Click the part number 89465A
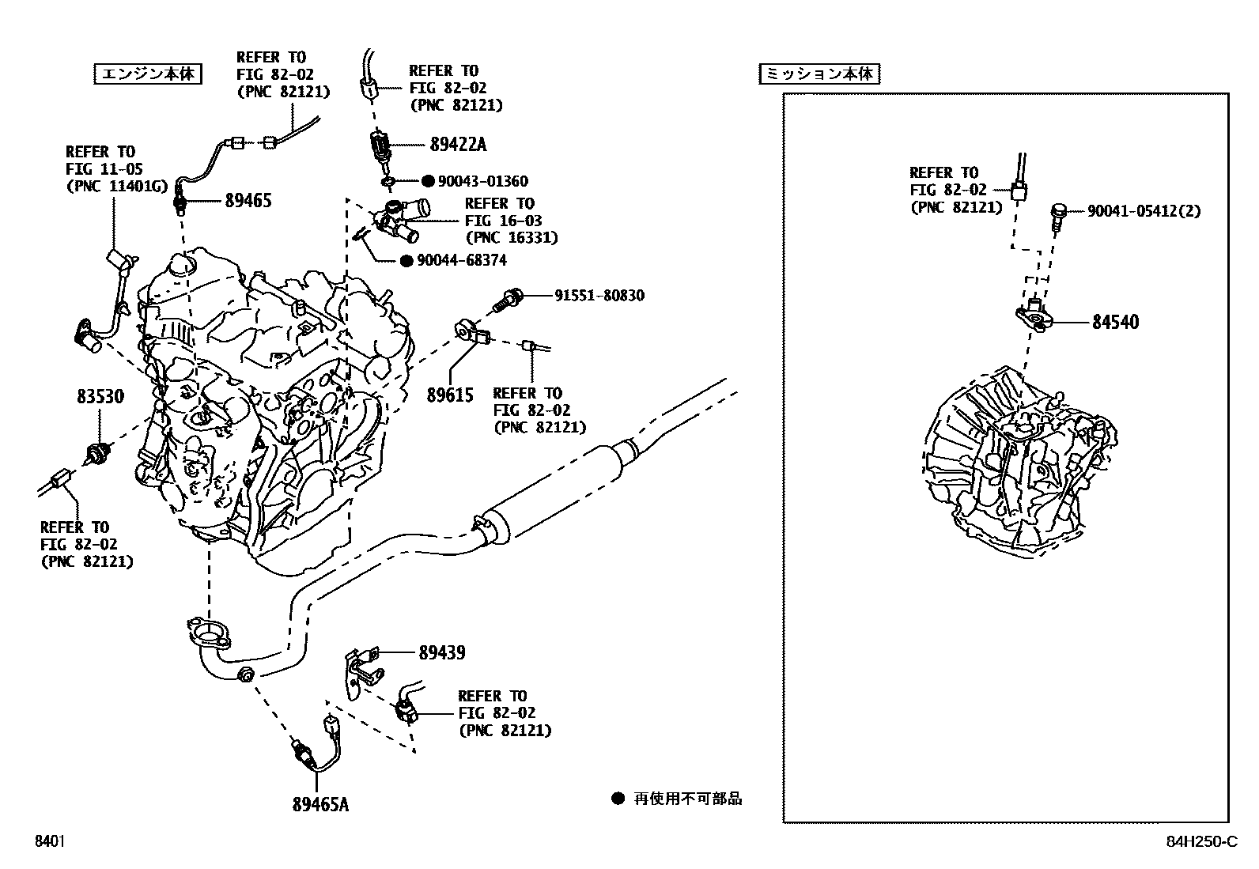320,804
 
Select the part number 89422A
458,145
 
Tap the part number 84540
1115,322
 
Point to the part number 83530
100,396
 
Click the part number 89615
450,395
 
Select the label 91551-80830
599,296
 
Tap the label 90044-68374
462,260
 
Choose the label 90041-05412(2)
1144,211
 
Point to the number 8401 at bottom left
49,841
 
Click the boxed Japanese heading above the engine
148,74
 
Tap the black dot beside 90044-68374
406,260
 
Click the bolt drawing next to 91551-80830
507,300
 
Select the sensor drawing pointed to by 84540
1034,315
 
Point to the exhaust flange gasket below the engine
208,632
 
